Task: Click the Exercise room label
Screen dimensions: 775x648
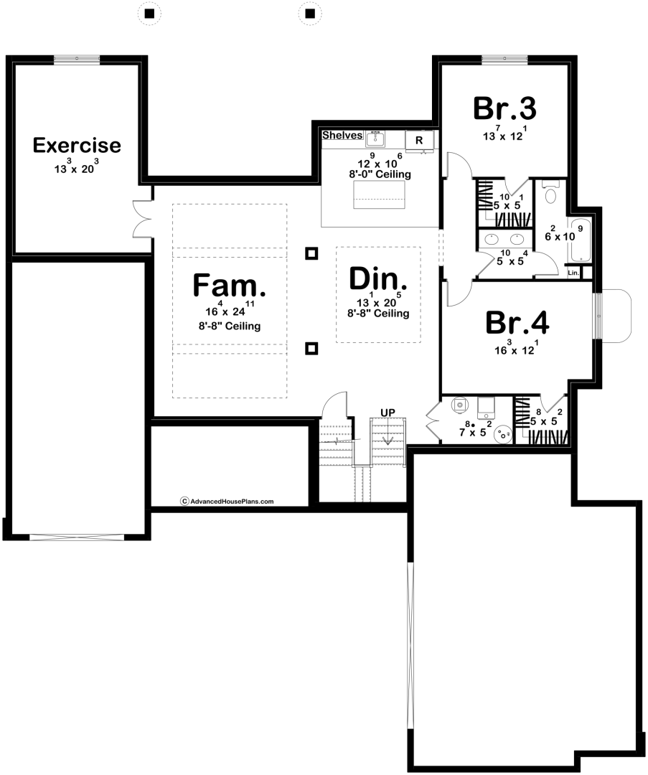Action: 77,146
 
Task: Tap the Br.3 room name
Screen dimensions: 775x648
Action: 504,108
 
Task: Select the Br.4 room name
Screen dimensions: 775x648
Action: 517,323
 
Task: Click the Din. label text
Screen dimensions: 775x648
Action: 378,278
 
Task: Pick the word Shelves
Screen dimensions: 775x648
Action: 342,135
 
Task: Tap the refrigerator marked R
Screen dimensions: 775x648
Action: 418,140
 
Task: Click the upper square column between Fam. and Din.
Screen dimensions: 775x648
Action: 311,253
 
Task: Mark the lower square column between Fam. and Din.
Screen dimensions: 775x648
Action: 311,349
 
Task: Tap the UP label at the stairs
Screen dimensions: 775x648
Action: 388,412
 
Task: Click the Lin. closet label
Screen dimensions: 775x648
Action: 573,273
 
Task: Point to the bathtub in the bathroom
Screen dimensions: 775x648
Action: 579,240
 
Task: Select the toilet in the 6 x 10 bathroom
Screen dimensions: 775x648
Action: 551,195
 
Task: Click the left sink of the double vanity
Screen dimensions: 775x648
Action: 493,239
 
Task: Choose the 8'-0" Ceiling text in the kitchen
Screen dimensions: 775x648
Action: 380,174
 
